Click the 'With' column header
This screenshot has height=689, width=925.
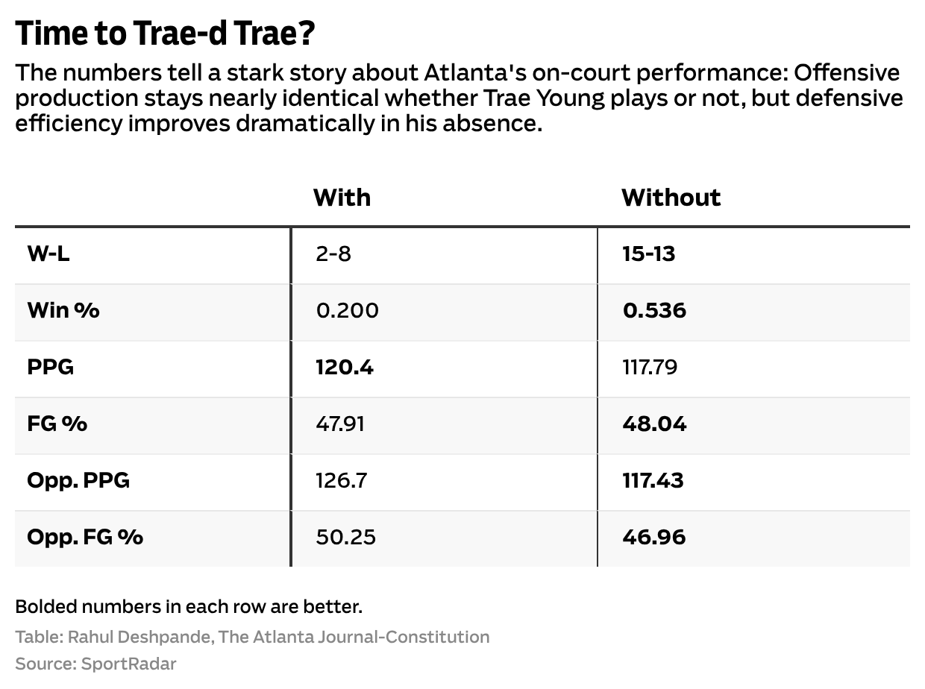pyautogui.click(x=342, y=198)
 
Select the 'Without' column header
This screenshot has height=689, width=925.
pyautogui.click(x=671, y=198)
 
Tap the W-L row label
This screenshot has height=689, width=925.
pyautogui.click(x=48, y=254)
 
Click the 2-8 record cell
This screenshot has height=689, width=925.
pyautogui.click(x=333, y=254)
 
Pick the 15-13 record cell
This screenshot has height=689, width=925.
pyautogui.click(x=648, y=254)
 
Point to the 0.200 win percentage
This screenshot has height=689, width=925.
pyautogui.click(x=347, y=310)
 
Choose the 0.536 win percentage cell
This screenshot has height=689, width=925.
pyautogui.click(x=654, y=310)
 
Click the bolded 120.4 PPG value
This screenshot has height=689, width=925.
pyautogui.click(x=345, y=367)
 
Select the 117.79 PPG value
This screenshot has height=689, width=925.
pyautogui.click(x=649, y=367)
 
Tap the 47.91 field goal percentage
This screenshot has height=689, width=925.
pyautogui.click(x=340, y=424)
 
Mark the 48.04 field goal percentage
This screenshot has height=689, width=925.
pyautogui.click(x=653, y=424)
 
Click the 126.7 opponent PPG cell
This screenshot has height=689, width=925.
pyautogui.click(x=341, y=480)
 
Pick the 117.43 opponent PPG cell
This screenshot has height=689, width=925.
pyautogui.click(x=653, y=480)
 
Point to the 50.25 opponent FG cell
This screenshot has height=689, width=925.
pyautogui.click(x=345, y=537)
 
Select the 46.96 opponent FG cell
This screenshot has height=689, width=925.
pyautogui.click(x=653, y=537)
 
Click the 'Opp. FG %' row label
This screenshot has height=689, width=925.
pyautogui.click(x=85, y=537)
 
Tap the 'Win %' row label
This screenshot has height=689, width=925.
pyautogui.click(x=63, y=310)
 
